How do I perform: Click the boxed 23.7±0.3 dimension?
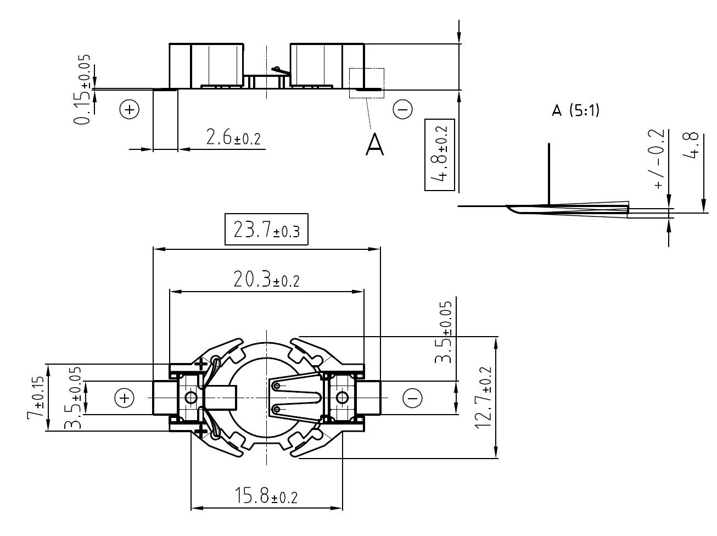click(266, 230)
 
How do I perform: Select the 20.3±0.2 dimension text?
click(266, 280)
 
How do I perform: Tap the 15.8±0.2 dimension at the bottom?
click(266, 497)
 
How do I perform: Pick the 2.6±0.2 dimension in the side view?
click(233, 138)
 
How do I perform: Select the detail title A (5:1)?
click(575, 111)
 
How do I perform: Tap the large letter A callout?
click(374, 144)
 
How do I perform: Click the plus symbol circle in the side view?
click(130, 110)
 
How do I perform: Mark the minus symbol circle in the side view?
click(402, 110)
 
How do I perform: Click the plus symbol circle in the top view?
click(125, 398)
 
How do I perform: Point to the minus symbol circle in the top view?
click(413, 398)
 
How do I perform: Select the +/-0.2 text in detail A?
click(659, 160)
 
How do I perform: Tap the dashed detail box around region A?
click(367, 83)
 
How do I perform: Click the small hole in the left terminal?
click(191, 397)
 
